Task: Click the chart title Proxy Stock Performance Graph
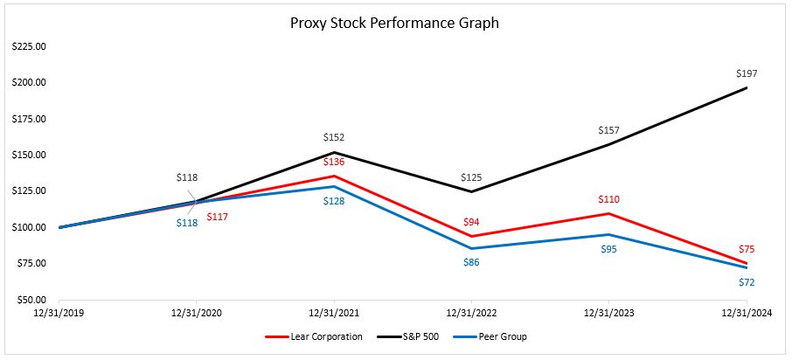(x=394, y=24)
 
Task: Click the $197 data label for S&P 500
(x=747, y=73)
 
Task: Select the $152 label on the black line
(x=334, y=137)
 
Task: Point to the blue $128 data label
(x=334, y=201)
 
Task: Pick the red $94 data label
(x=472, y=221)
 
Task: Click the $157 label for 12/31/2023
(x=609, y=130)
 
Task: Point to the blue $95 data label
(x=609, y=249)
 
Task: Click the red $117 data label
(x=218, y=217)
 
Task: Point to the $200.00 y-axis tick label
(x=29, y=83)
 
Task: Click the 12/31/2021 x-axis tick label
(x=334, y=312)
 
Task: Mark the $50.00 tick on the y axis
(x=31, y=300)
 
